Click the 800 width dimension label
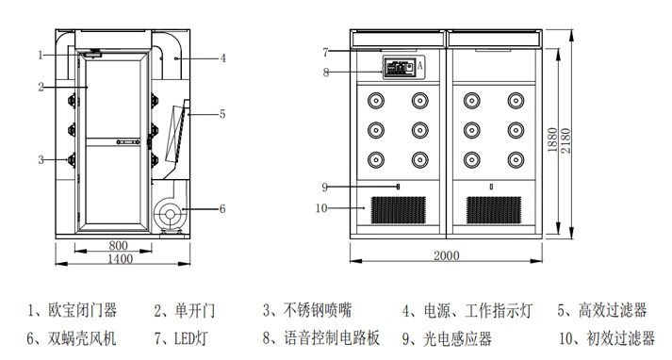click(x=118, y=246)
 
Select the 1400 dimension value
click(x=120, y=259)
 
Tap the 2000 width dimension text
click(x=447, y=255)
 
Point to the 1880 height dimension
click(x=552, y=140)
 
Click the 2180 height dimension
click(x=565, y=141)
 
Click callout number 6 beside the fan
click(x=222, y=208)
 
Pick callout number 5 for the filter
click(x=222, y=114)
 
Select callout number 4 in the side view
click(x=222, y=57)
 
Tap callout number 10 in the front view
click(x=321, y=208)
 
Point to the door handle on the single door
click(x=128, y=142)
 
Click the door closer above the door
click(x=92, y=54)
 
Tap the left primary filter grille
click(x=398, y=210)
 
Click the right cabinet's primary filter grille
click(x=494, y=210)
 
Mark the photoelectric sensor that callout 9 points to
click(x=399, y=187)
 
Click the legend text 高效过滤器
click(x=613, y=310)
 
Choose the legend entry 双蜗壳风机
click(x=82, y=338)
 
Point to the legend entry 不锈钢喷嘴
click(x=318, y=310)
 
